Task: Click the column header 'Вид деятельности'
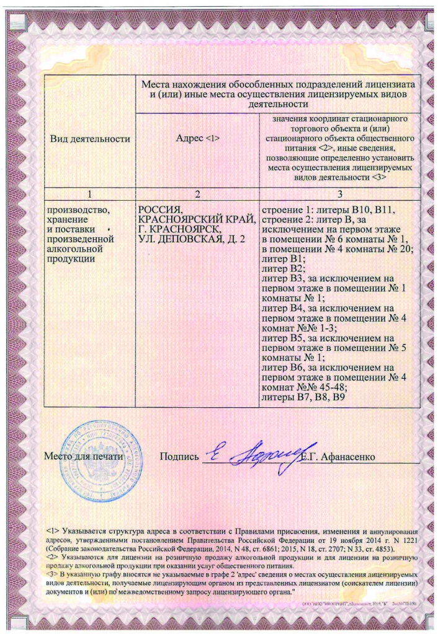coord(89,138)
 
